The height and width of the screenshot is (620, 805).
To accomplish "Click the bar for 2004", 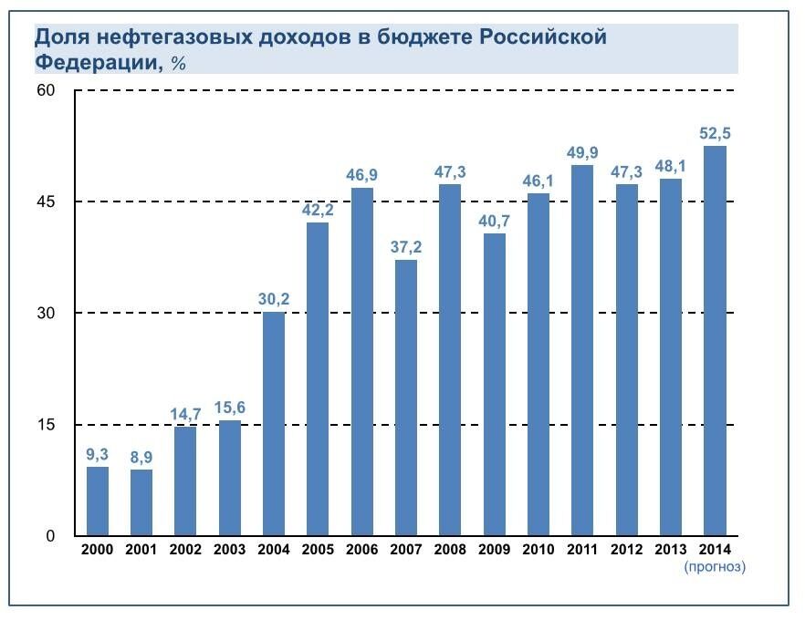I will coord(274,424).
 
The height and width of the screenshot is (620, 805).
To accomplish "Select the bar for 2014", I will coord(715,341).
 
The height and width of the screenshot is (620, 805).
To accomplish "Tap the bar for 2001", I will coord(141,502).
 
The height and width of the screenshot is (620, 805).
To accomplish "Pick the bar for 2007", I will coord(406,398).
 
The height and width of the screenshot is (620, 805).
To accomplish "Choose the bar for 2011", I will coord(582,350).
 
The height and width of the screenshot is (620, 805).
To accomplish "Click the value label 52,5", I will coord(715,133).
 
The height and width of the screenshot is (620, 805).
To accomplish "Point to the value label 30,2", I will coord(274,299).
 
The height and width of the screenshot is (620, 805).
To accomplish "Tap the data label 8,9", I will coord(141,457).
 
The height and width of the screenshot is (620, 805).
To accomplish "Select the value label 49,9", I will coord(582,152).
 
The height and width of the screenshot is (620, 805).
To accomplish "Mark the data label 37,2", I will coord(406,247).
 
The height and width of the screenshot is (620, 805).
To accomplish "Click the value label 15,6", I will coord(230,408).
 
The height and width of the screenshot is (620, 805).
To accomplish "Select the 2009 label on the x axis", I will coord(494,550).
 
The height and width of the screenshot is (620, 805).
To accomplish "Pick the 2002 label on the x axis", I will coord(185,550).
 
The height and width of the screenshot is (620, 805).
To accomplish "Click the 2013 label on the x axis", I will coord(671,550).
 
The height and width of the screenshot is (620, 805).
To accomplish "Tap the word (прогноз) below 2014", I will coord(715,567).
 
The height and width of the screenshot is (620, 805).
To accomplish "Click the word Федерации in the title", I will coord(94,62).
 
